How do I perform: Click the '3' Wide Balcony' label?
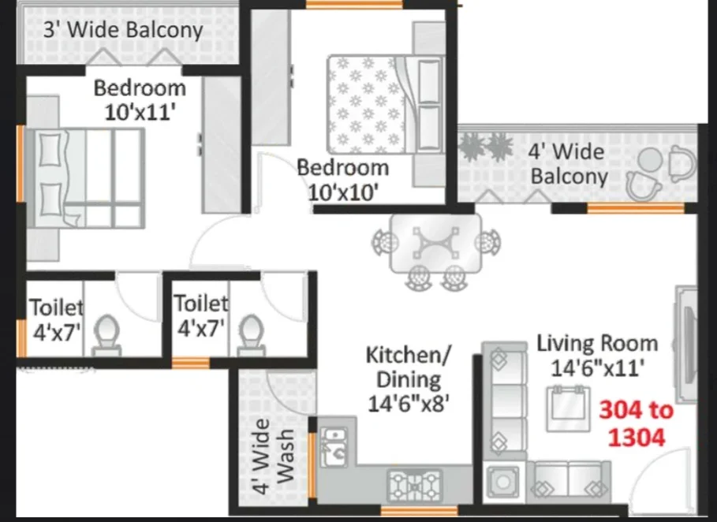[x=123, y=30]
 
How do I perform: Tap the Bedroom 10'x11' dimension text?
[x=140, y=111]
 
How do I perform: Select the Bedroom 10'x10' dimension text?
[x=343, y=192]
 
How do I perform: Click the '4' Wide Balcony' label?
[x=569, y=164]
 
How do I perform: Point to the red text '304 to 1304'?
[x=637, y=423]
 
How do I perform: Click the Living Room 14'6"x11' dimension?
[x=597, y=368]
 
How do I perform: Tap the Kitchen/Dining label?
[x=409, y=367]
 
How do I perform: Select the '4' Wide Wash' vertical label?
[x=273, y=457]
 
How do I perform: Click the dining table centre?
[x=435, y=243]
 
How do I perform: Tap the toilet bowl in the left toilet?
[x=106, y=334]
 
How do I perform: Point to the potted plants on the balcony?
[x=486, y=146]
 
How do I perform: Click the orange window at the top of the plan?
[x=354, y=5]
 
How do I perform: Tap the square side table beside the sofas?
[x=503, y=481]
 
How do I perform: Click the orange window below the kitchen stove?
[x=419, y=511]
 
